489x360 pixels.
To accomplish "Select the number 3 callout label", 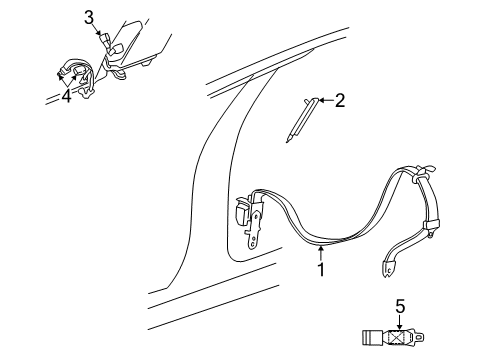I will tap(89, 17).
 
